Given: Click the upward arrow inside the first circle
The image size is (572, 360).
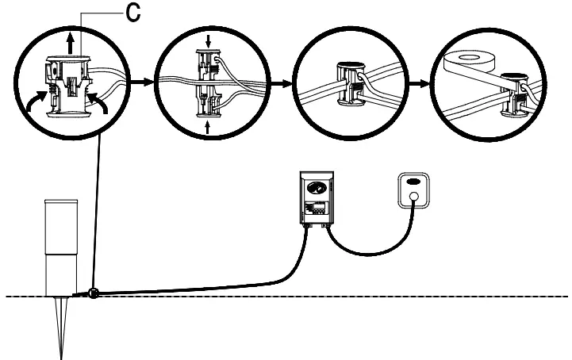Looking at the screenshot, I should click(x=71, y=42).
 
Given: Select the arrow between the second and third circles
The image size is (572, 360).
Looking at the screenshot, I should click(x=281, y=81).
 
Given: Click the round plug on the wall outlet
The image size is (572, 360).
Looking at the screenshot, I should click(x=413, y=209).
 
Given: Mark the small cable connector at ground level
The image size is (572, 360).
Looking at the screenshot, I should click(x=94, y=293).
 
